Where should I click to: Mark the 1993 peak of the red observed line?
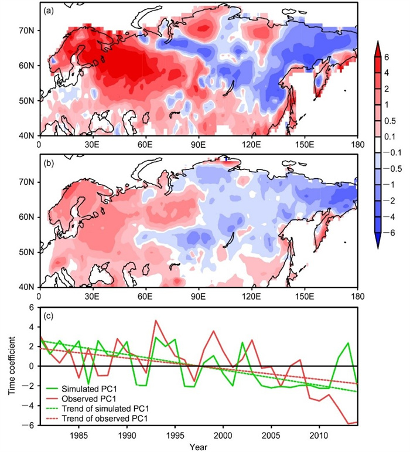pyautogui.click(x=156, y=321)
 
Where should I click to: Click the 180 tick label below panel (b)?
pyautogui.click(x=357, y=296)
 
